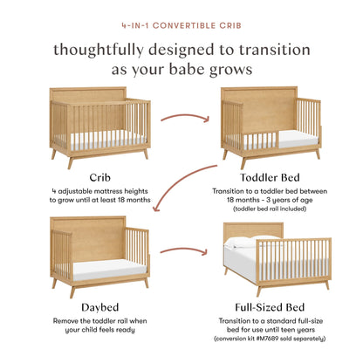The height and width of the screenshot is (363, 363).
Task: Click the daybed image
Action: coord(91,253)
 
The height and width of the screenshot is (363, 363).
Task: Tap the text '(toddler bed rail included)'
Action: coord(269,210)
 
